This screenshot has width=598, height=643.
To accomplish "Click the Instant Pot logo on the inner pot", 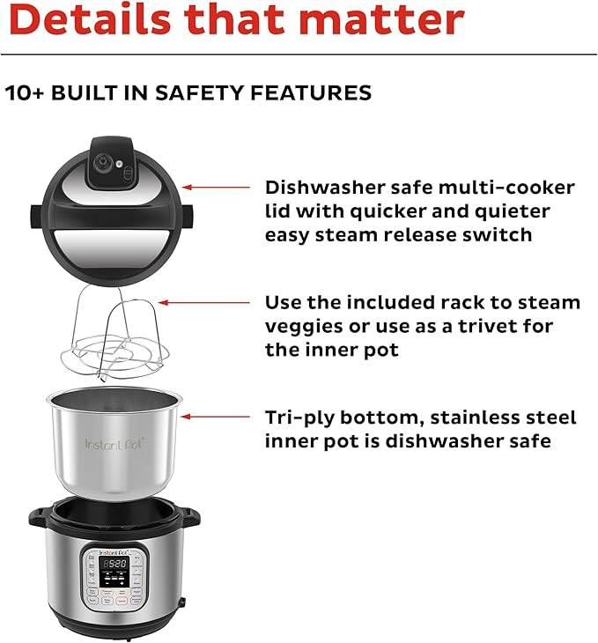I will (x=114, y=443).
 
